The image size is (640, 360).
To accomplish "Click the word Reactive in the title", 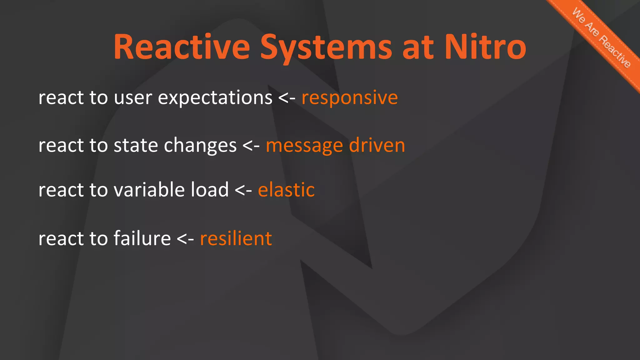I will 182,47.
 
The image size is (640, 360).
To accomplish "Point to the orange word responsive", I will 349,98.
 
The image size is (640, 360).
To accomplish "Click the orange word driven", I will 377,145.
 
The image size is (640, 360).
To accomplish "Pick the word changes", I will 200,146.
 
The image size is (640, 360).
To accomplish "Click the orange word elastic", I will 286,190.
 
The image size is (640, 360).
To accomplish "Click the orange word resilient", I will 236,239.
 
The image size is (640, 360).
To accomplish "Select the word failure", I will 142,239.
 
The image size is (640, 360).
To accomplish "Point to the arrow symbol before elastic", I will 243,191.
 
